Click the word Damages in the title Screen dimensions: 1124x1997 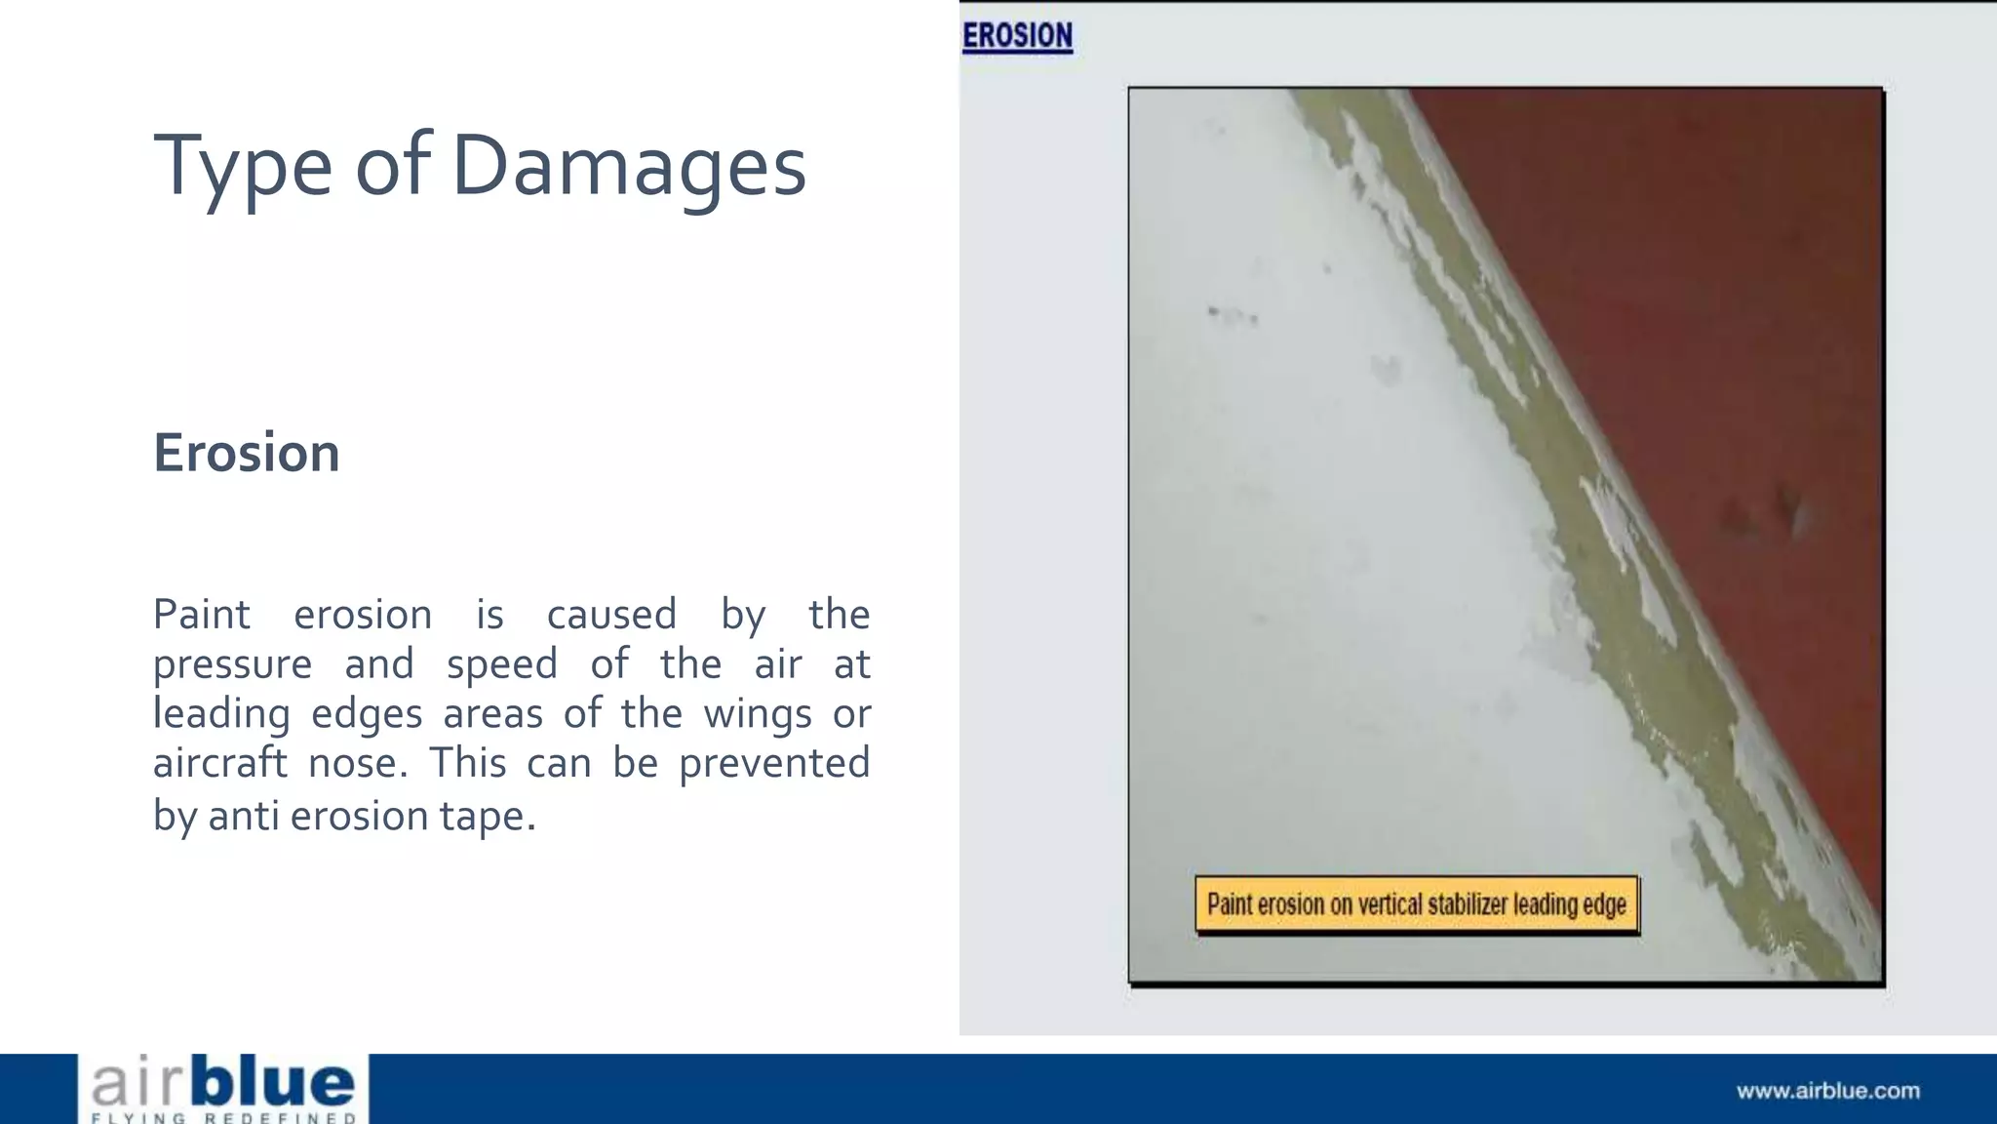(x=629, y=166)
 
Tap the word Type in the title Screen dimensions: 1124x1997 (x=243, y=166)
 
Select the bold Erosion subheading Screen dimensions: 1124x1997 (x=247, y=453)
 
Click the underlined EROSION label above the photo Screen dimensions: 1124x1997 (x=1017, y=36)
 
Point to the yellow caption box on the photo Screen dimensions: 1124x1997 (x=1417, y=904)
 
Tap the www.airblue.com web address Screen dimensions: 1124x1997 (x=1827, y=1091)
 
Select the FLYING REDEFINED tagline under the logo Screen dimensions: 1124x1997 (x=224, y=1117)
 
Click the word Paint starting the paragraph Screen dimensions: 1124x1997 (x=202, y=615)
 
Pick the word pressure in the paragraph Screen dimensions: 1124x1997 (x=232, y=665)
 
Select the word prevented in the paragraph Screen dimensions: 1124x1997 (x=774, y=763)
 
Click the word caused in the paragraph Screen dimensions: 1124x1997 (x=611, y=615)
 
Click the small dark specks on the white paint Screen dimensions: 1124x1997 (x=1233, y=314)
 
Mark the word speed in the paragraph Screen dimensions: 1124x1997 (x=501, y=665)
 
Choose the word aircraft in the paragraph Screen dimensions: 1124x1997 (x=219, y=763)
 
